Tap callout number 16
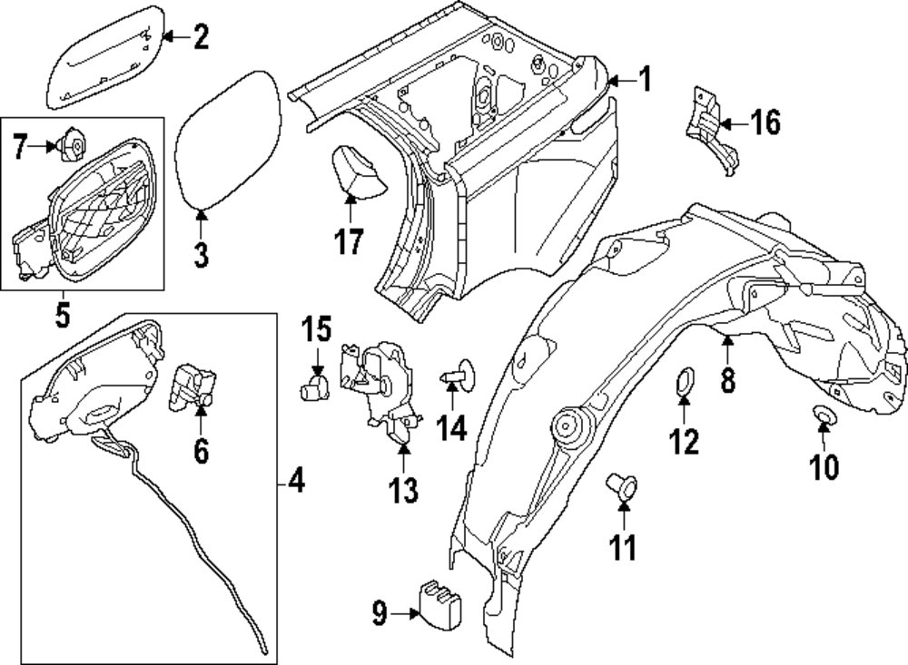tap(765, 122)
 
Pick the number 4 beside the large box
tap(295, 481)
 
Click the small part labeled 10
tap(823, 416)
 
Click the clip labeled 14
tap(459, 372)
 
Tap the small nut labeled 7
tap(73, 142)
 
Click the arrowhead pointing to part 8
tap(728, 340)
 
